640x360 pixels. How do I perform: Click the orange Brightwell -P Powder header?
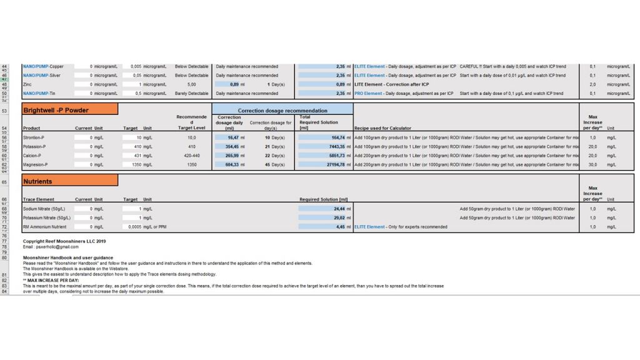(70, 110)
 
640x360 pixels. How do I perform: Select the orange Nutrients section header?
(70, 181)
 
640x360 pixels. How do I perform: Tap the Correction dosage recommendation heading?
(282, 110)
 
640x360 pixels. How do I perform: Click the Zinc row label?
(27, 84)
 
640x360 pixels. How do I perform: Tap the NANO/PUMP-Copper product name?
(43, 66)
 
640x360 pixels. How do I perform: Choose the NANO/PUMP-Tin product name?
(39, 94)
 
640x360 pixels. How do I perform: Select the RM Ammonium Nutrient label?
(44, 227)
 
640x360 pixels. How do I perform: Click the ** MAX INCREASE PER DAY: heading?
(51, 280)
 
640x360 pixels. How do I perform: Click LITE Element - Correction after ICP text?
(391, 84)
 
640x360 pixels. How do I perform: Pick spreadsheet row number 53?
(4, 111)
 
